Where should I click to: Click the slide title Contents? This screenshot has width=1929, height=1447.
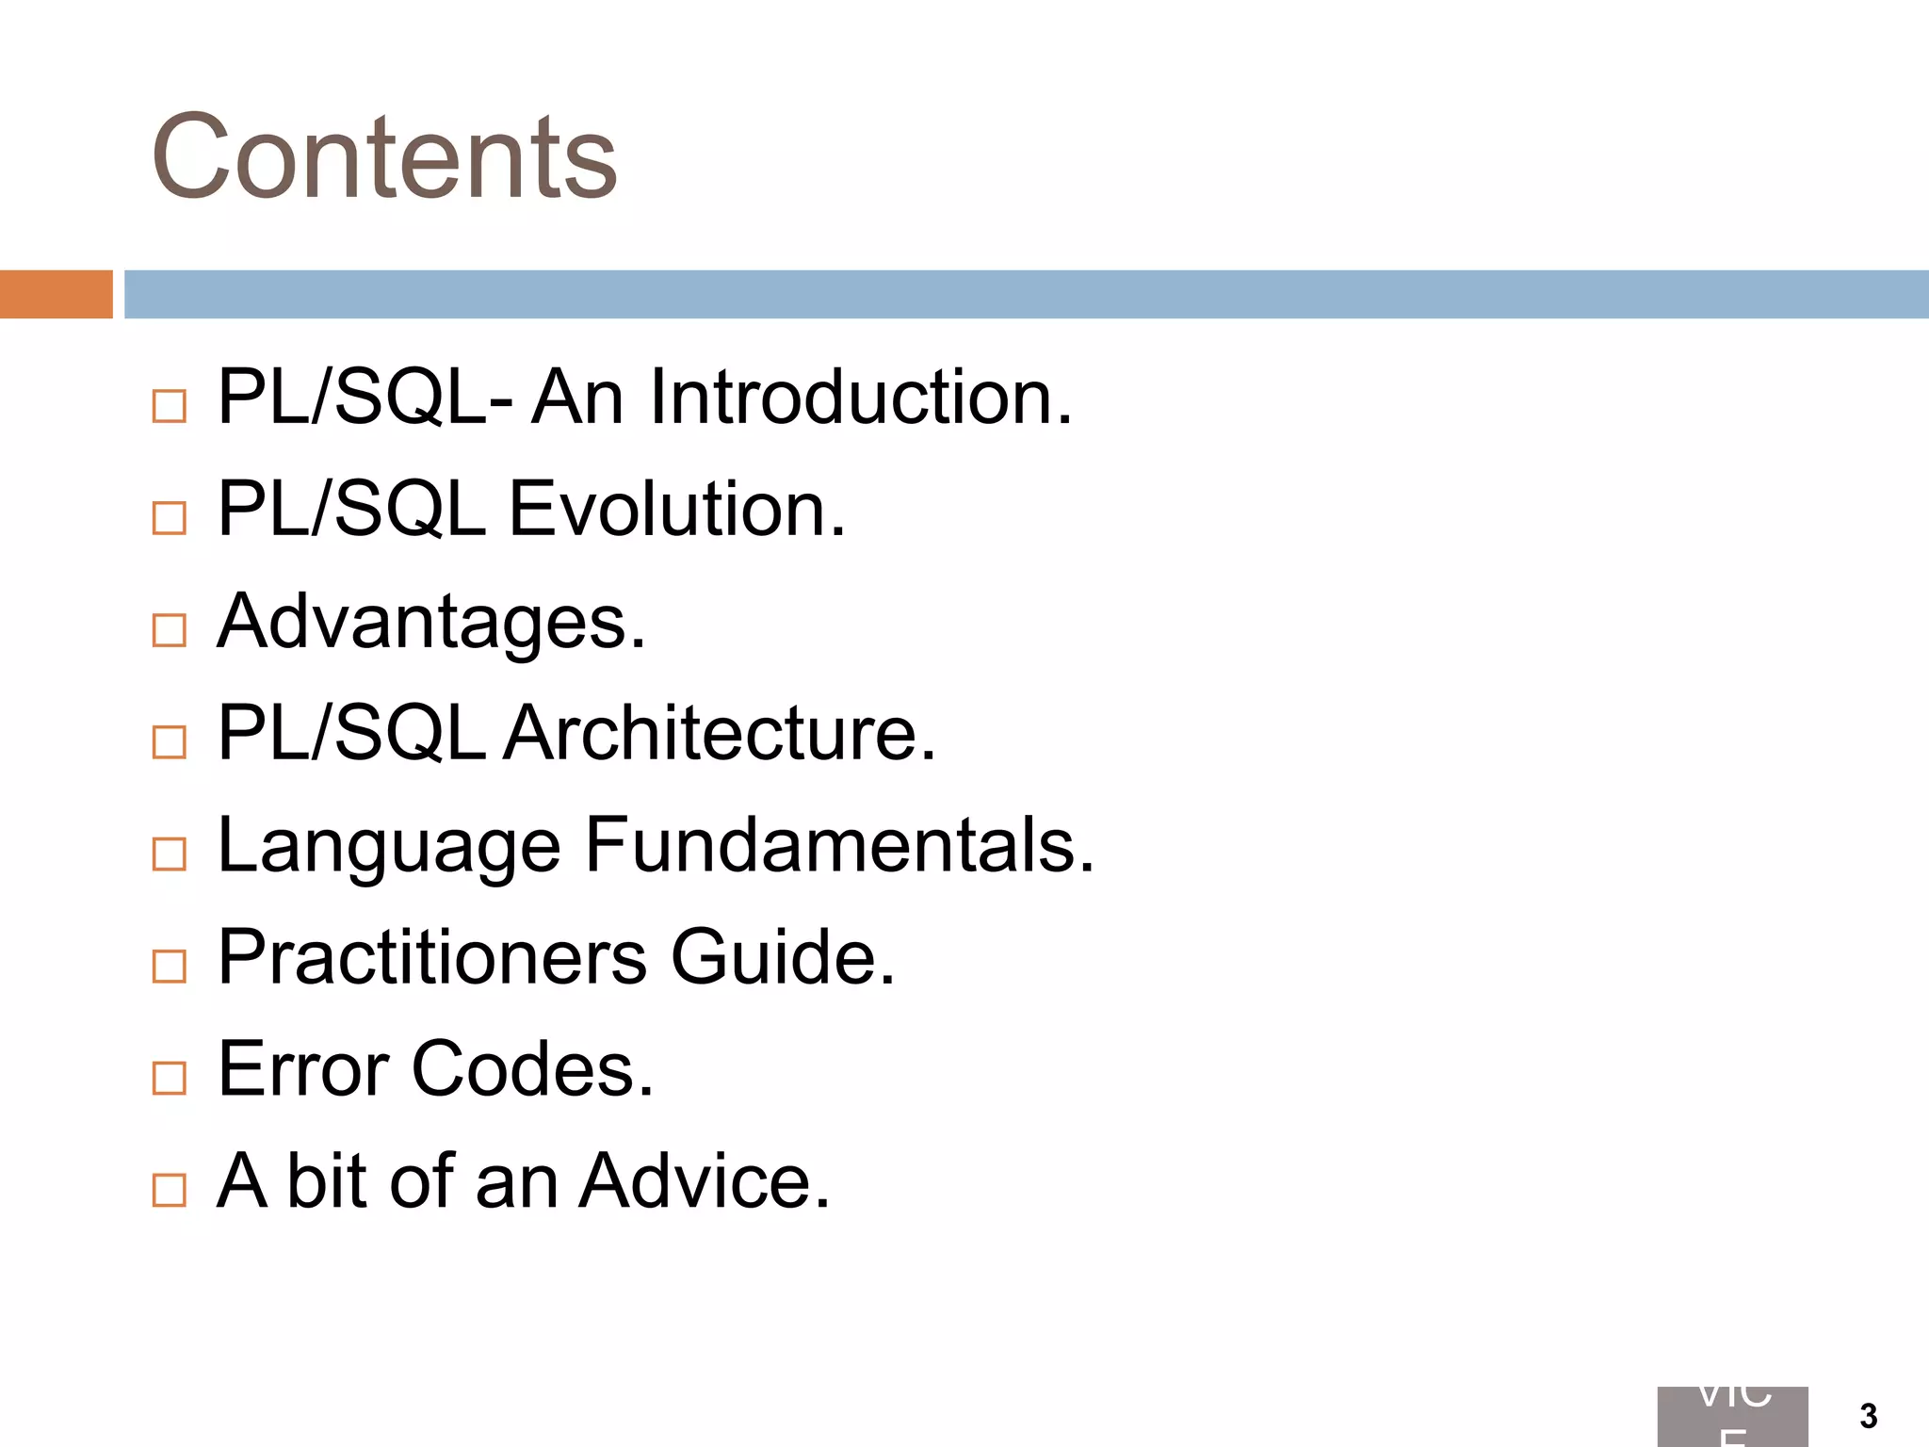[383, 157]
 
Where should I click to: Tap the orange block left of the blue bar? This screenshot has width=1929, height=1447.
[56, 294]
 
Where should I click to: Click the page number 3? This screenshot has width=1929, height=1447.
[1869, 1416]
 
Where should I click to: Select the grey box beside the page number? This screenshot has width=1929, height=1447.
[1732, 1416]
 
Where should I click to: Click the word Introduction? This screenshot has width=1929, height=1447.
[860, 398]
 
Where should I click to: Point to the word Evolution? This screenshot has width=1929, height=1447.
[676, 510]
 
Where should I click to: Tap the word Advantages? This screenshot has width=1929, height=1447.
[431, 623]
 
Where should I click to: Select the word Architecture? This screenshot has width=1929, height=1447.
[720, 733]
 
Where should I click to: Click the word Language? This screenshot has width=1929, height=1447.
[389, 846]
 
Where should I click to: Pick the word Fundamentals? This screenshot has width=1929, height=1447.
[839, 845]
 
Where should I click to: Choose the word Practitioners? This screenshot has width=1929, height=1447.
[432, 957]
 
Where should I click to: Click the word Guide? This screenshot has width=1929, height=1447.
[783, 957]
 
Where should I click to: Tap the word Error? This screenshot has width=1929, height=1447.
[303, 1069]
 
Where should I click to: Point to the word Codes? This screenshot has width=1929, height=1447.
[532, 1069]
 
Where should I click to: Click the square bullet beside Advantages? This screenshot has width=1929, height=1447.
[170, 630]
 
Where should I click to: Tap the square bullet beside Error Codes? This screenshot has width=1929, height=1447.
[170, 1078]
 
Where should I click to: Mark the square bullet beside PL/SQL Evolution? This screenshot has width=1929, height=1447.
[170, 518]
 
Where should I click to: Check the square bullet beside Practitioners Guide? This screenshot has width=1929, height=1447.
[170, 966]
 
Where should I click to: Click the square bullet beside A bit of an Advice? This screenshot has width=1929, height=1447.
[170, 1190]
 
